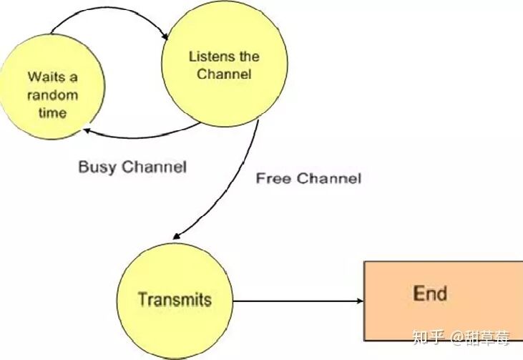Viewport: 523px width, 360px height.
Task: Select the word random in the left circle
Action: (x=52, y=95)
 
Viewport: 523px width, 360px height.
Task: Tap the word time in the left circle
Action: (x=52, y=113)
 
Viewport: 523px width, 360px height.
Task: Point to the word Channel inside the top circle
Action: (x=224, y=74)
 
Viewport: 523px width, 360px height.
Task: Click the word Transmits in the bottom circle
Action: (x=175, y=299)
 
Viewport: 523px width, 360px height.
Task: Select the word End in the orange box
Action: (x=430, y=293)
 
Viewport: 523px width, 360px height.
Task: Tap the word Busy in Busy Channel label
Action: (x=97, y=167)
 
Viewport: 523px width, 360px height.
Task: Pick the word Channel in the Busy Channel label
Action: (x=154, y=167)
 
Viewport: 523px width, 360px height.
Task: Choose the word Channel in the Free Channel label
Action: (x=329, y=178)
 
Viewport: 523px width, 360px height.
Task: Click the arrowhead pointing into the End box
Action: (x=360, y=301)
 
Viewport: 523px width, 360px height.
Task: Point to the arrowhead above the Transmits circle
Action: (x=177, y=236)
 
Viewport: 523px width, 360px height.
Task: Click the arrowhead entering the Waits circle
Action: (x=86, y=131)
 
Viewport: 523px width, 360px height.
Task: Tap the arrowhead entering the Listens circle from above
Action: (x=165, y=37)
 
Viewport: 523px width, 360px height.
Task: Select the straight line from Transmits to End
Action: (x=298, y=301)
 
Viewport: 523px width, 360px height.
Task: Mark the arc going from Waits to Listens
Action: (x=109, y=8)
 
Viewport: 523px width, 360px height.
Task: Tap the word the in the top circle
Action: (x=247, y=57)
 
